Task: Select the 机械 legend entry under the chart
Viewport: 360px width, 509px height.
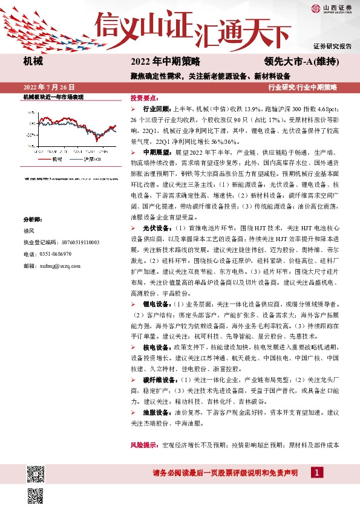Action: [x=55, y=160]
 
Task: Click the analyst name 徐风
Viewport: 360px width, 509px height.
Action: [x=29, y=231]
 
